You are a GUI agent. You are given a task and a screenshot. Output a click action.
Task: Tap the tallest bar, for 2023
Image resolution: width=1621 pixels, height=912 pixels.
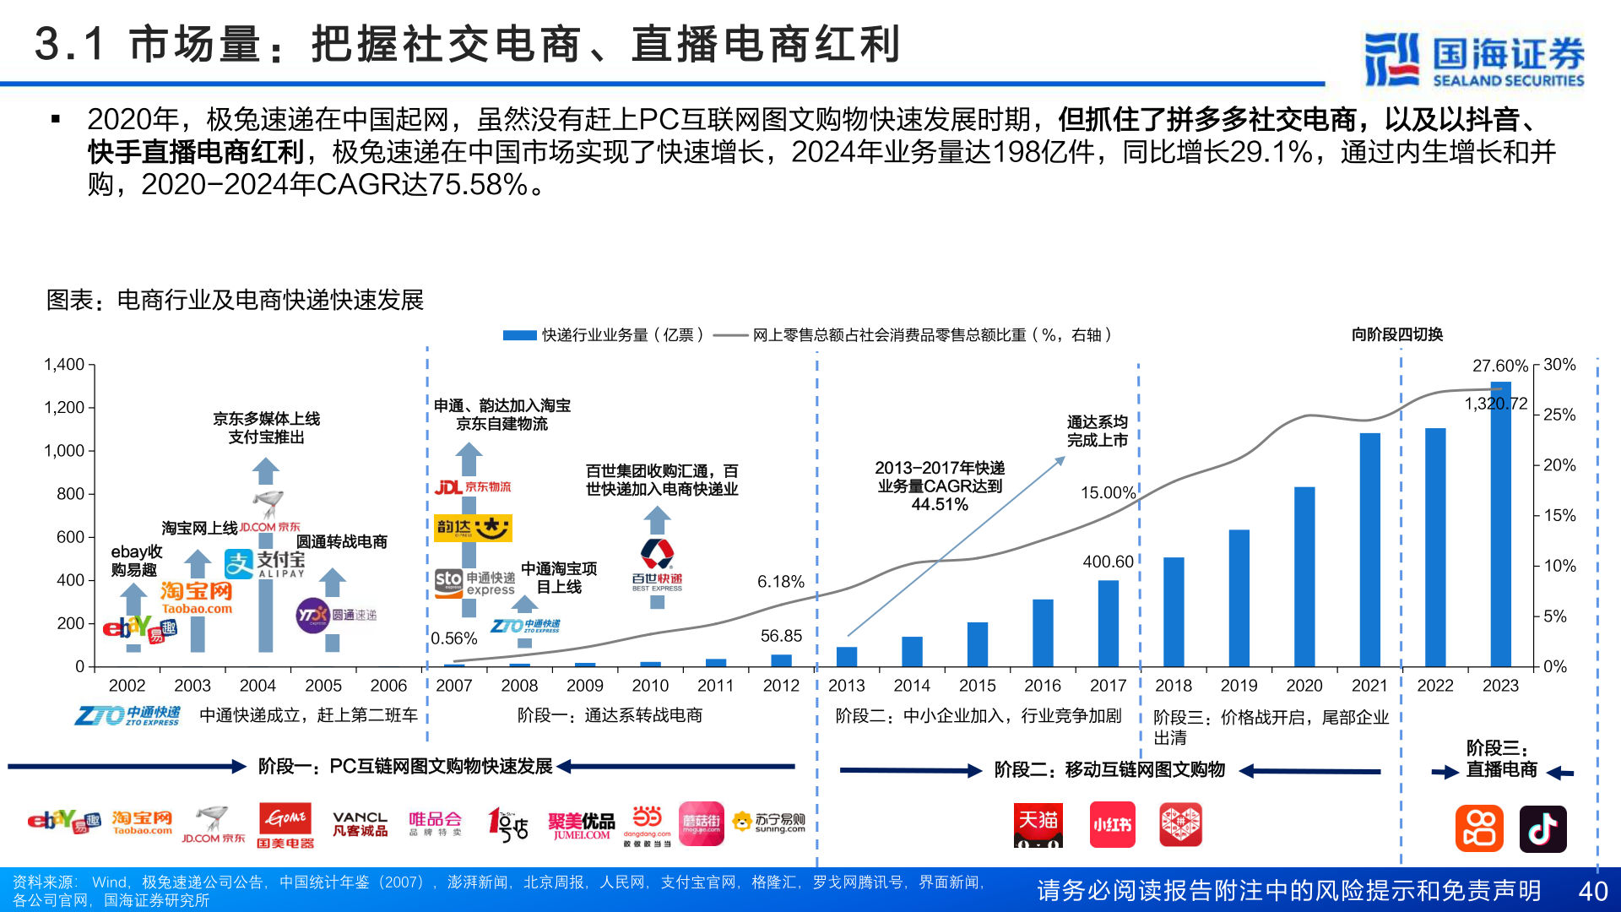point(1500,524)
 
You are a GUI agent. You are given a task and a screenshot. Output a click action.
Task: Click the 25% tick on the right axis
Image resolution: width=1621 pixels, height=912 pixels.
point(1559,415)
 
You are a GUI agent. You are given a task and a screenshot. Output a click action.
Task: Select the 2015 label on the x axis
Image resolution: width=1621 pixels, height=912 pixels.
point(977,686)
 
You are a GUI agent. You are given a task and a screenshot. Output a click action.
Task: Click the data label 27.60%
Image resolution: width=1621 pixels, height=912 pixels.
point(1499,366)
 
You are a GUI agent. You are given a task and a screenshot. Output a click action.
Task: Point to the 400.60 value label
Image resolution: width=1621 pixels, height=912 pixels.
point(1108,562)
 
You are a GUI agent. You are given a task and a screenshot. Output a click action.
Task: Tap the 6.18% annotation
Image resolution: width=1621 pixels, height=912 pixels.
point(780,582)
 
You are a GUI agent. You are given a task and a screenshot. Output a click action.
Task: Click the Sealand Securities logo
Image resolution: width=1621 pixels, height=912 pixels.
point(1474,59)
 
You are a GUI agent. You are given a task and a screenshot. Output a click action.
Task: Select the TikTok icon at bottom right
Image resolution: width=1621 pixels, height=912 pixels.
point(1542,828)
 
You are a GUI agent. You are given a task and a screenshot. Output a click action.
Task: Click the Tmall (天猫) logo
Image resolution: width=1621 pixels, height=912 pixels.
point(1038,825)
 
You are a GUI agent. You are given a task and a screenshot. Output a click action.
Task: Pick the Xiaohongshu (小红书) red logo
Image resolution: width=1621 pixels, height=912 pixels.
point(1112,825)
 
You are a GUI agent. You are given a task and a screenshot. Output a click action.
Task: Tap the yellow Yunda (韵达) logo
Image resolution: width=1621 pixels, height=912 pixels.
point(473,528)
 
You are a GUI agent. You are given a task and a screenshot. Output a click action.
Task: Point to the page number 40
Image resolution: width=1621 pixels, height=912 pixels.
point(1592,891)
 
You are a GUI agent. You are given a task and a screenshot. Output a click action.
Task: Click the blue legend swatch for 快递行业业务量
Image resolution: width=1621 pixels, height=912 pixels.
point(519,335)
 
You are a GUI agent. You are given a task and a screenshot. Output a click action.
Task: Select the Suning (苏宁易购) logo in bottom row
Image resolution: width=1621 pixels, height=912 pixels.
point(768,822)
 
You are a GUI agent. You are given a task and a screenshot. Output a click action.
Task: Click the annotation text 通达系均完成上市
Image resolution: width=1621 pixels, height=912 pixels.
point(1097,431)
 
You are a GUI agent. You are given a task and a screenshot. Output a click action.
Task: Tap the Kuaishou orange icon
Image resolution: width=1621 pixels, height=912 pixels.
point(1478,828)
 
